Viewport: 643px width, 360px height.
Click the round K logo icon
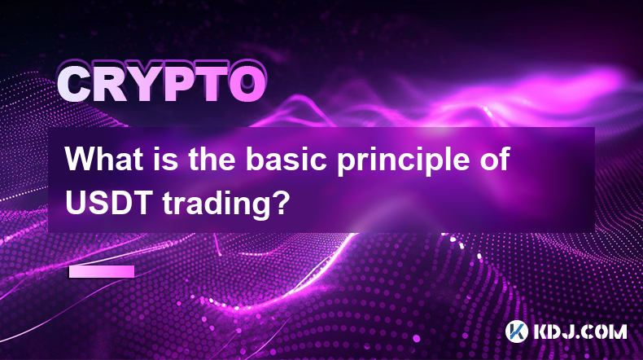coord(517,331)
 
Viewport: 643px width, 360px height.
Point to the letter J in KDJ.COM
coord(570,331)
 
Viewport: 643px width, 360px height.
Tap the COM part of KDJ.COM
coord(605,331)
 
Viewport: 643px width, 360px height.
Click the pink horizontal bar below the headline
coord(102,271)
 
